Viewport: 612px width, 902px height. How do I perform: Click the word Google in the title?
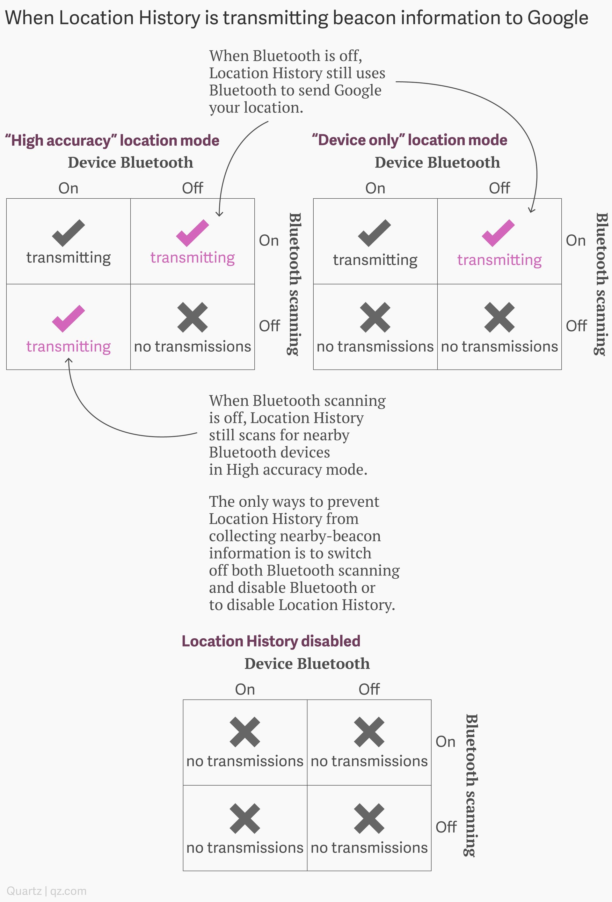pyautogui.click(x=558, y=18)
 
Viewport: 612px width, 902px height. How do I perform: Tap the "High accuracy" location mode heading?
pyautogui.click(x=112, y=141)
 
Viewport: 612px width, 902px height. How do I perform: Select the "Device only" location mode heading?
pyautogui.click(x=409, y=140)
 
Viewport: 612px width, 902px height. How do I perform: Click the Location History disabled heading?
pyautogui.click(x=271, y=641)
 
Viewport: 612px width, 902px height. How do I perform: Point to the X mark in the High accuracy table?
pyautogui.click(x=193, y=318)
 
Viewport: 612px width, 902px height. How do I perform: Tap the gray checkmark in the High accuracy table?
pyautogui.click(x=68, y=233)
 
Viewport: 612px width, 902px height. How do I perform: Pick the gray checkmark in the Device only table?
pyautogui.click(x=375, y=233)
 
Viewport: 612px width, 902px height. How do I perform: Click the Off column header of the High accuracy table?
pyautogui.click(x=193, y=188)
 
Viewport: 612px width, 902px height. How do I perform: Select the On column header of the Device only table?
pyautogui.click(x=375, y=188)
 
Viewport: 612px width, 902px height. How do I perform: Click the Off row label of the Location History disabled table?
pyautogui.click(x=446, y=827)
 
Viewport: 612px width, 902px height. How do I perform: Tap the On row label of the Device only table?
pyautogui.click(x=576, y=241)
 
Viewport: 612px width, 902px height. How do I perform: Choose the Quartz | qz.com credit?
pyautogui.click(x=47, y=891)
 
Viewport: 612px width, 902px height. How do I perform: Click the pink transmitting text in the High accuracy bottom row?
pyautogui.click(x=68, y=346)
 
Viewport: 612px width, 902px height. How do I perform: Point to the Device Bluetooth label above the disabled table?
pyautogui.click(x=307, y=664)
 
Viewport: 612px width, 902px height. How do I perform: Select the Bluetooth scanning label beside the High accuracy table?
pyautogui.click(x=295, y=284)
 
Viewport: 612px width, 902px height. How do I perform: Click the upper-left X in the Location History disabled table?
pyautogui.click(x=245, y=732)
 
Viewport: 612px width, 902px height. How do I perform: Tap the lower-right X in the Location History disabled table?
pyautogui.click(x=369, y=818)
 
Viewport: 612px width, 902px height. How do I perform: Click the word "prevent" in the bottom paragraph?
pyautogui.click(x=353, y=502)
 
